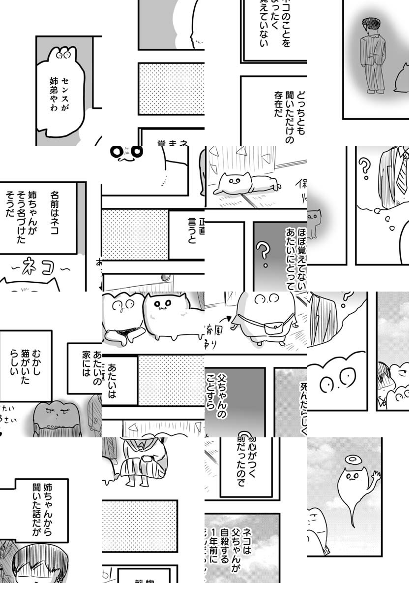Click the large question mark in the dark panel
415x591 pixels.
pyautogui.click(x=265, y=254)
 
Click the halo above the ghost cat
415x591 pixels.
pyautogui.click(x=352, y=460)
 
